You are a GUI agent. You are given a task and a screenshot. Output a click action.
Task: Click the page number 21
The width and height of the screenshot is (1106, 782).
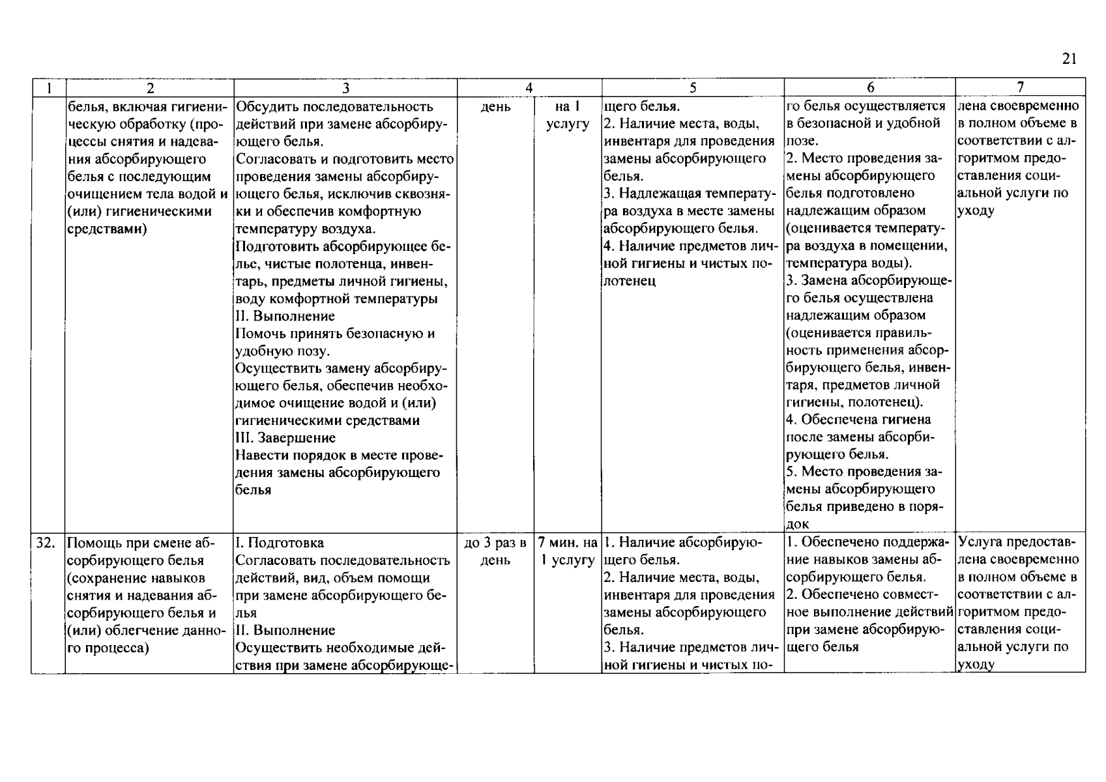1069,59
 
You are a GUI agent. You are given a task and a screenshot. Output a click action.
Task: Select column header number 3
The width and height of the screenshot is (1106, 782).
345,88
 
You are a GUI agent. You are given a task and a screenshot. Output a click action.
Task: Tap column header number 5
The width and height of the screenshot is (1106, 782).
692,88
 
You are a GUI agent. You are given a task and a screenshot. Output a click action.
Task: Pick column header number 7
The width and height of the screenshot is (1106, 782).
1020,88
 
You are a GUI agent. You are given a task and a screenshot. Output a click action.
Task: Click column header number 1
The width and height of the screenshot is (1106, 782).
48,88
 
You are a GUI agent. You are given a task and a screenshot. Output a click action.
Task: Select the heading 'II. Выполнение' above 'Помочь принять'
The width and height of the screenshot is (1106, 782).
285,316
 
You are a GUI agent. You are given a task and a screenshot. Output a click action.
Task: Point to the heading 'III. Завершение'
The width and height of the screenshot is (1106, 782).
285,438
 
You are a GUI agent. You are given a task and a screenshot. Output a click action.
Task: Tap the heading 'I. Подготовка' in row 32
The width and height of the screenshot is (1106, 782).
280,543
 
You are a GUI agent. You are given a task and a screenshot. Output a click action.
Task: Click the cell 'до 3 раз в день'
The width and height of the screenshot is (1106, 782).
495,551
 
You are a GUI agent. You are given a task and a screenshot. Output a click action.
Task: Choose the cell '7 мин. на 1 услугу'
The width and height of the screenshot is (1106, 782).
568,551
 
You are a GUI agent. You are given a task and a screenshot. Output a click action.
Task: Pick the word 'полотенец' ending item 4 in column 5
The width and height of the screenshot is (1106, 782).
630,281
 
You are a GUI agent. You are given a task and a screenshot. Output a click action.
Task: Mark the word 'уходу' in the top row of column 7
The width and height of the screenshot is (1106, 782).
975,211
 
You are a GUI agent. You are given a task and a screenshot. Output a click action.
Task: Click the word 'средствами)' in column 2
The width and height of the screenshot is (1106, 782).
107,229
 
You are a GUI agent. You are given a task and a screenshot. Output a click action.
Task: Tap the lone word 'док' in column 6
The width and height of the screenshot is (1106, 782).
798,525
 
